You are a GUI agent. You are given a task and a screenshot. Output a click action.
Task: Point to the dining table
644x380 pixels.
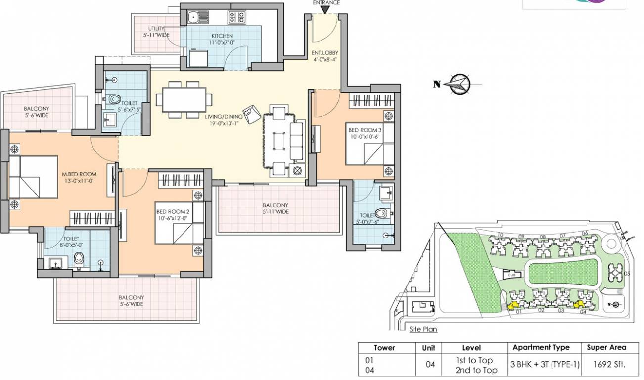point(182,99)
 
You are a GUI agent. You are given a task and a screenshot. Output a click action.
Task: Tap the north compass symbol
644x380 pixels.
point(460,84)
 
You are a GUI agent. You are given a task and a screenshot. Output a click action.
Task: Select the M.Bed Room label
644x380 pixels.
point(79,177)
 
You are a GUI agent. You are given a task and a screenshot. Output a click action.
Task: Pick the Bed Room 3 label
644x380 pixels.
point(365,133)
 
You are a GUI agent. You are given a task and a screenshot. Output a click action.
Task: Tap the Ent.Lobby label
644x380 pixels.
point(324,56)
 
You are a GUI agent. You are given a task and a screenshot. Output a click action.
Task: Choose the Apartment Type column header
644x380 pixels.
point(541,347)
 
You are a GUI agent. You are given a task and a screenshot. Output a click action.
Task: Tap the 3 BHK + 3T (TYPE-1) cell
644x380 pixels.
point(545,365)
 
